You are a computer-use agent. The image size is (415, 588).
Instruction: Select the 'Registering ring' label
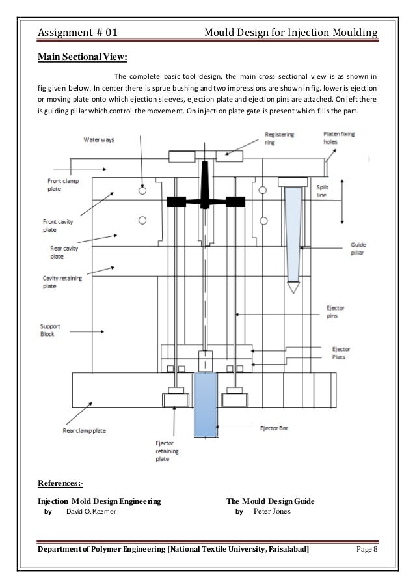tap(280, 139)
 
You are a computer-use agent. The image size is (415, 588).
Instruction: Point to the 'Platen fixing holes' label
tap(339, 138)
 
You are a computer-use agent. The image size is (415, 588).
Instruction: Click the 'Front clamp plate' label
tap(62, 186)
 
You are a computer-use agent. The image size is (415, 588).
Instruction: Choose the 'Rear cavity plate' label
tap(64, 252)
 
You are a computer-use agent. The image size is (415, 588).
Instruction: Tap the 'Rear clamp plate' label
tap(85, 430)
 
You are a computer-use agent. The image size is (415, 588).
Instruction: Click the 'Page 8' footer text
tap(368, 550)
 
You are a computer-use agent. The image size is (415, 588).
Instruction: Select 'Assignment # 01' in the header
tap(77, 32)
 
